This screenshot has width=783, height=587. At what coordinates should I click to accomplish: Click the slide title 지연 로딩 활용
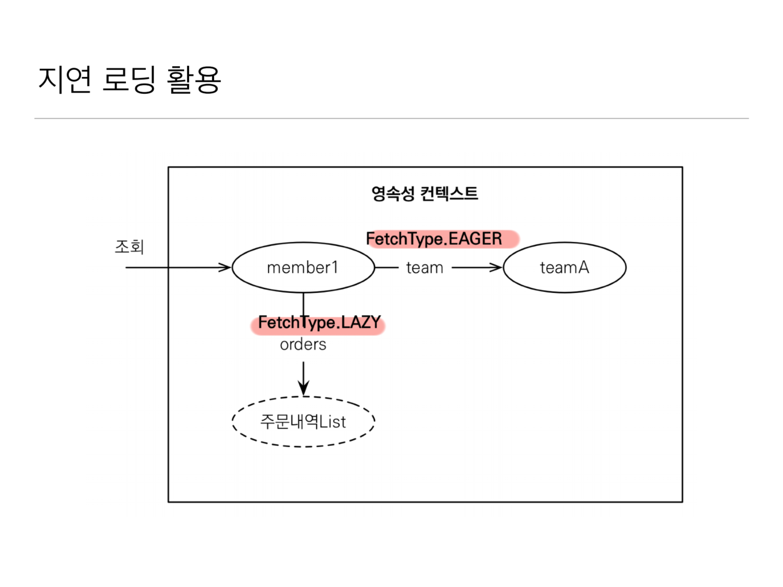click(x=130, y=79)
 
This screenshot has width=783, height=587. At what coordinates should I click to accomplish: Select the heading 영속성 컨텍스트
click(x=424, y=193)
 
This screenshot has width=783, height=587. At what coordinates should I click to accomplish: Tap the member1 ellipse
click(x=303, y=268)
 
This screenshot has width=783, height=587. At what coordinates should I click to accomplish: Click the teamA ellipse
click(x=564, y=268)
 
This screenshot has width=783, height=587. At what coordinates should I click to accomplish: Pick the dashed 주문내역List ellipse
click(x=303, y=422)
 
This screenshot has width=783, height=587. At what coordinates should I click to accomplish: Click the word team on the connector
click(x=424, y=268)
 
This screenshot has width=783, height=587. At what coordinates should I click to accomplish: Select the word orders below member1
click(x=303, y=345)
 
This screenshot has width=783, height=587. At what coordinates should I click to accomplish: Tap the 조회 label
click(x=129, y=246)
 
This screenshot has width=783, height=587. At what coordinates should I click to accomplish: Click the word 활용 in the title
click(x=194, y=79)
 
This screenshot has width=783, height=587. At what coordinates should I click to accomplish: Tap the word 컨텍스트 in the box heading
click(x=449, y=193)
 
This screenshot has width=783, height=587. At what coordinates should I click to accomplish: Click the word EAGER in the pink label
click(x=475, y=239)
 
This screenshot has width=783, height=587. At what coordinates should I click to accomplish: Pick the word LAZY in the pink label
click(x=361, y=323)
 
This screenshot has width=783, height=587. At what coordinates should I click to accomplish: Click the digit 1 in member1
click(x=335, y=268)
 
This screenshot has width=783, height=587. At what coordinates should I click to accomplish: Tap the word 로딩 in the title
click(x=129, y=79)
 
